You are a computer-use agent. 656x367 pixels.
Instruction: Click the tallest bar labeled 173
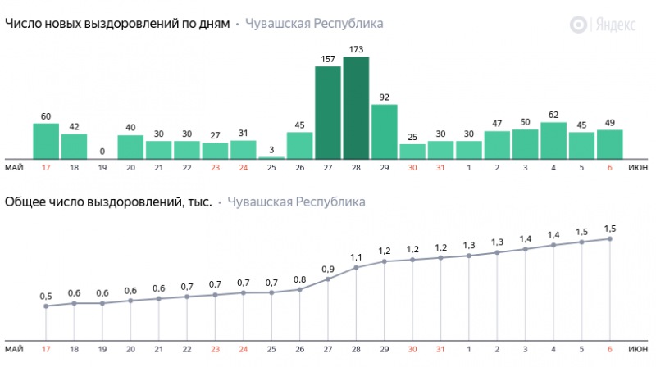tap(356, 108)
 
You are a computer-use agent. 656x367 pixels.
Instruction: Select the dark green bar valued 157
tap(328, 112)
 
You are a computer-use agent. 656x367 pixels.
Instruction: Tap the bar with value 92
tap(384, 131)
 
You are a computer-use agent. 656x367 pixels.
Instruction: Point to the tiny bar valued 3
tap(271, 157)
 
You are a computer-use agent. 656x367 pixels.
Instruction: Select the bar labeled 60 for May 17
tap(46, 141)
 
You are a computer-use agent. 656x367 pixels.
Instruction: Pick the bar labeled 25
tap(412, 152)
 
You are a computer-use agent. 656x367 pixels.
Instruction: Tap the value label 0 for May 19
tap(102, 152)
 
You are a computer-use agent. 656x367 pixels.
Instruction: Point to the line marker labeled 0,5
tap(46, 306)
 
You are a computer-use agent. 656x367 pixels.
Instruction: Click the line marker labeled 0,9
tap(328, 279)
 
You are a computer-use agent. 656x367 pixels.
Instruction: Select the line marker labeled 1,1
tap(356, 268)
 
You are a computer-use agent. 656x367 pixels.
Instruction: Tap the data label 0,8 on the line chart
tap(299, 279)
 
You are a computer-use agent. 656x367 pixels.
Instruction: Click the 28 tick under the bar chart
tap(356, 168)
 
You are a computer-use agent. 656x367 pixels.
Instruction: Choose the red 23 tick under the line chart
tap(215, 348)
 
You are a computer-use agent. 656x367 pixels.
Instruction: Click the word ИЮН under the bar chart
tap(639, 168)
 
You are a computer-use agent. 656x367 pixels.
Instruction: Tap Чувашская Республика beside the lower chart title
tap(296, 202)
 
